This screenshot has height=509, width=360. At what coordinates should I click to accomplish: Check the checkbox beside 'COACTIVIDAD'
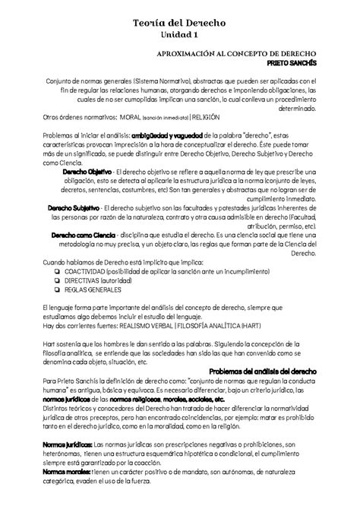pos(48,271)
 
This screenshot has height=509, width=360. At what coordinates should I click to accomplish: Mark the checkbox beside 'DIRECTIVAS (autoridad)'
pos(48,280)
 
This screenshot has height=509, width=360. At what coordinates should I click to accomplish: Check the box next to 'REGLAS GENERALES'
pos(48,289)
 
